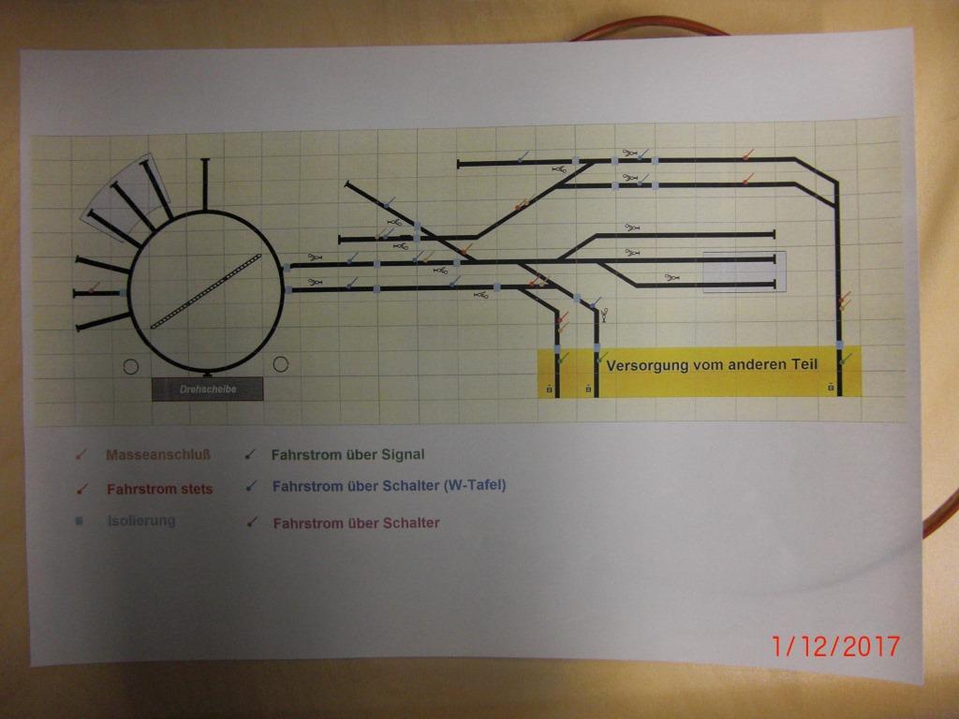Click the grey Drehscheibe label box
coord(207,389)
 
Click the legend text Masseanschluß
coord(158,455)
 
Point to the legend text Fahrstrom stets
coord(159,489)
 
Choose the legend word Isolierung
coord(141,521)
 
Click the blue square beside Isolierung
coord(79,521)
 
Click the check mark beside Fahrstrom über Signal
coord(250,455)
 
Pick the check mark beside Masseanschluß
coord(81,456)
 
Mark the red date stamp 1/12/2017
coord(835,646)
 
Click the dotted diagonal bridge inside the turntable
coord(206,292)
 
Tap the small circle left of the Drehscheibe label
coord(131,366)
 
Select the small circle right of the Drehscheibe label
coord(281,364)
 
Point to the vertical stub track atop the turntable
coord(205,185)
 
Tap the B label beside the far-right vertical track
coord(831,387)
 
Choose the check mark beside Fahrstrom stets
coord(81,490)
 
